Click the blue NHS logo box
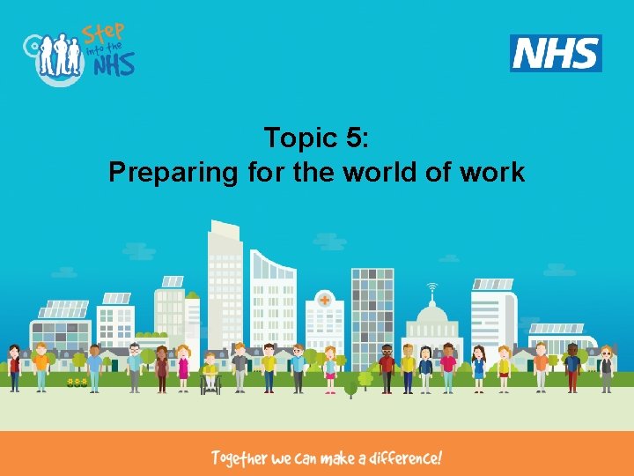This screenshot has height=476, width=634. coord(556,54)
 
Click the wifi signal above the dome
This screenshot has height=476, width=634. coord(431,288)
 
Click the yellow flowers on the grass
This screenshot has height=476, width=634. coord(77,382)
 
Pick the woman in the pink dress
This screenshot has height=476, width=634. coord(183,368)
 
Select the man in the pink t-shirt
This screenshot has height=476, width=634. coord(448,368)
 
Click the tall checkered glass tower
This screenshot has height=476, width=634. coord(372,309)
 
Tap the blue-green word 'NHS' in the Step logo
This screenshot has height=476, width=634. coord(114,63)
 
